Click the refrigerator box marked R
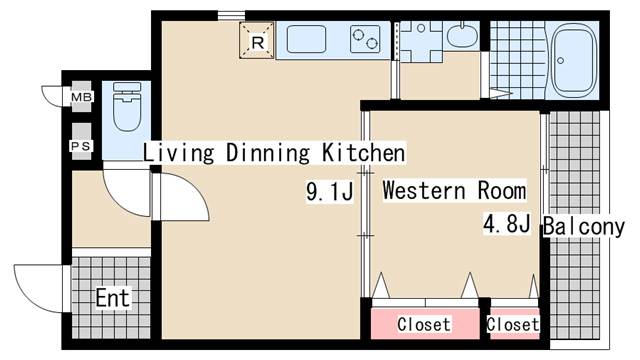tap(256, 40)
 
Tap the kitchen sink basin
tap(306, 39)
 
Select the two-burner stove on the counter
tap(365, 39)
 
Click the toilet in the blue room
tap(127, 106)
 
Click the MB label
tap(82, 97)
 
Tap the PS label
tap(81, 146)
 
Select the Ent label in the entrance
tap(113, 298)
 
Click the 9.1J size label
tap(329, 191)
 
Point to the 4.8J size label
tap(507, 223)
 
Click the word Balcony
tap(584, 226)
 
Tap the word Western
tap(424, 191)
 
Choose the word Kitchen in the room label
tap(363, 153)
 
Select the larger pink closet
tap(425, 324)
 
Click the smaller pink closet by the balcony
tap(514, 324)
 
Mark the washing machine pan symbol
tap(421, 41)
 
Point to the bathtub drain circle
tap(560, 61)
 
